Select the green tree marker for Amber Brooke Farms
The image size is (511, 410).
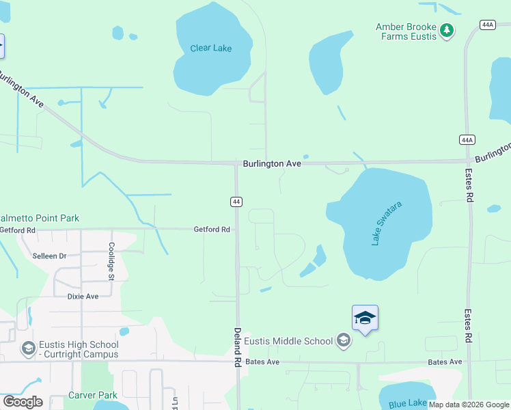point(447,31)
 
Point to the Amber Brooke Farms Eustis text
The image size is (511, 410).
point(406,31)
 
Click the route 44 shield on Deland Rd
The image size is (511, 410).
point(236,202)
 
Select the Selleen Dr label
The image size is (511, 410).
point(49,256)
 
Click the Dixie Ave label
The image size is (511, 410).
point(83,297)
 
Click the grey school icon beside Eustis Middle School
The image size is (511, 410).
point(343,341)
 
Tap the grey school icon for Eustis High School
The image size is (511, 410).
point(28,349)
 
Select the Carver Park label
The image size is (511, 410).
point(93,395)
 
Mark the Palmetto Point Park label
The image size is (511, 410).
point(40,219)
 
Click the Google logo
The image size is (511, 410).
point(23,402)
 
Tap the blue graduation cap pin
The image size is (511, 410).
point(365,318)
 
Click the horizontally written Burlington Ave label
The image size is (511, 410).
point(272,164)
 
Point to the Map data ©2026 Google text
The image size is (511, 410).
point(469,405)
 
